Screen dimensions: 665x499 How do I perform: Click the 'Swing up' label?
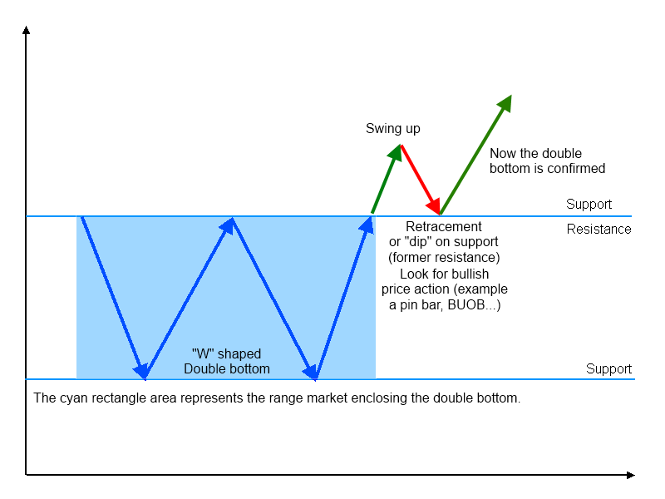(x=392, y=129)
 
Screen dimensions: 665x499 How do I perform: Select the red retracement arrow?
(x=421, y=180)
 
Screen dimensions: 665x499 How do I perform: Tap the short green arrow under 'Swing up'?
(x=387, y=179)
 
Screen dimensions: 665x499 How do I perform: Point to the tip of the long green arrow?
(x=511, y=96)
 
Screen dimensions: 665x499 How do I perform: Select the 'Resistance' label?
(x=598, y=230)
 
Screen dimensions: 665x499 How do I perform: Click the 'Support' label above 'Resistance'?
(x=589, y=204)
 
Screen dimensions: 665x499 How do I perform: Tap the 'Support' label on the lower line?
(x=608, y=368)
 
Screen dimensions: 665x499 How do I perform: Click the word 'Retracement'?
(x=444, y=226)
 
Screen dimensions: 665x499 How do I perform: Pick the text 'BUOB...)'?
(x=474, y=304)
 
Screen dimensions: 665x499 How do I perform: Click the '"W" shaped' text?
(x=226, y=353)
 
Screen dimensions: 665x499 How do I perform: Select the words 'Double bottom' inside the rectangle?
(x=227, y=368)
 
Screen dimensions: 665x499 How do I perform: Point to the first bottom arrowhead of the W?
(x=143, y=371)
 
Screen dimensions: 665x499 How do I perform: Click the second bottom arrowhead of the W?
(x=313, y=371)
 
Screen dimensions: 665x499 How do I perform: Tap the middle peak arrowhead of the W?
(x=229, y=225)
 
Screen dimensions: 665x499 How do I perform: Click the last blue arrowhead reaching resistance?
(x=367, y=225)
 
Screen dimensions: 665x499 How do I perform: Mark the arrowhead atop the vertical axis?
(x=27, y=30)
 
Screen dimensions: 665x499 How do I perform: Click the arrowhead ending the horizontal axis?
(x=631, y=475)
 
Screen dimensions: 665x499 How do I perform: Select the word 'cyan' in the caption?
(x=76, y=398)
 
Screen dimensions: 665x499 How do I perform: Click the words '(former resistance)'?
(x=444, y=258)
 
